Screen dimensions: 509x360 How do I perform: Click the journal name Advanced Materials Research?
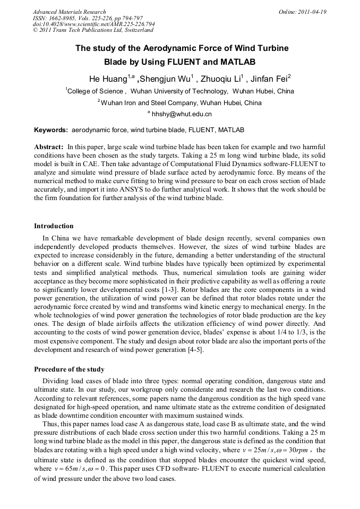pos(69,12)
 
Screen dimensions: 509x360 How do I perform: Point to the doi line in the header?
pos(93,24)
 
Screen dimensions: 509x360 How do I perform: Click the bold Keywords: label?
pos(51,130)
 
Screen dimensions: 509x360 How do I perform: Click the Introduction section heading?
pos(54,226)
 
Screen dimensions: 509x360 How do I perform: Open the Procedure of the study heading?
pos(69,369)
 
